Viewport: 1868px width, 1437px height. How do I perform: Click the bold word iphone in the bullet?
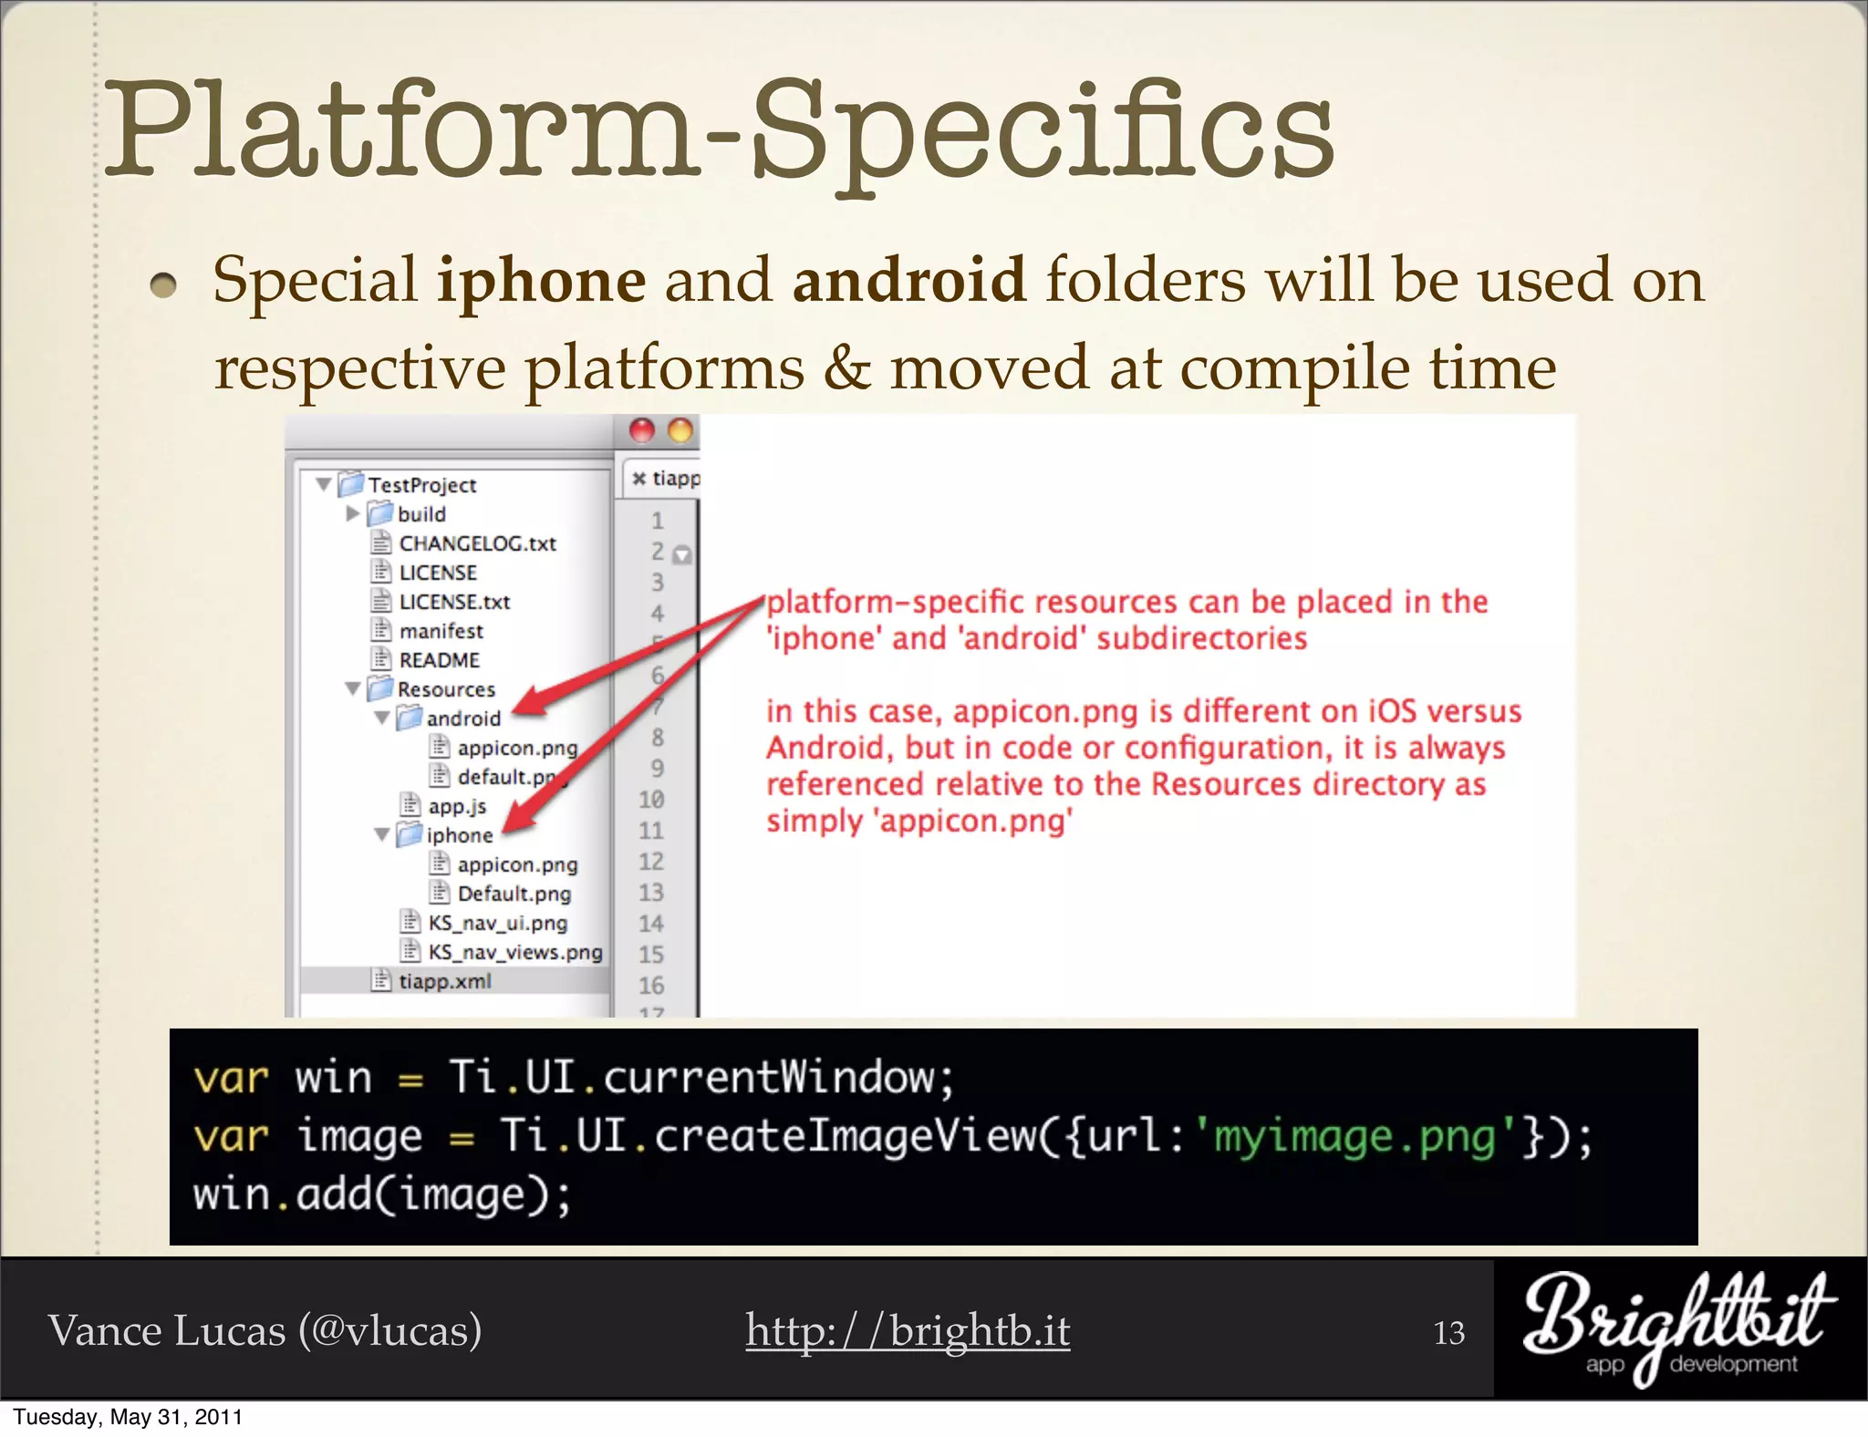tap(542, 281)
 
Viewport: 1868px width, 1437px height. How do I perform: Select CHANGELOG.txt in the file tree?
tap(477, 543)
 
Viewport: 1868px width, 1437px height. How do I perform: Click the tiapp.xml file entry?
tap(444, 981)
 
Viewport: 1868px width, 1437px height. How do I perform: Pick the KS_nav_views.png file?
tap(514, 952)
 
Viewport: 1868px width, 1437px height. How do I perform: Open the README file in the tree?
tap(439, 660)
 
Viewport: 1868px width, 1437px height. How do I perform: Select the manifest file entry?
tap(441, 631)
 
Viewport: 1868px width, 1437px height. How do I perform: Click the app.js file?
tap(456, 806)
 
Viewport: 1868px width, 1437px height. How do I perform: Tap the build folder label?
tap(421, 514)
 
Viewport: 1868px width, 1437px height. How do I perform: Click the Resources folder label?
tap(446, 689)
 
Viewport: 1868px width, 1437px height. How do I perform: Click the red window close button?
tap(642, 430)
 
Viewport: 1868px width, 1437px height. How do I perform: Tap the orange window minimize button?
tap(680, 430)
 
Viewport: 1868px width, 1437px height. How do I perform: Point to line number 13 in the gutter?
tap(650, 892)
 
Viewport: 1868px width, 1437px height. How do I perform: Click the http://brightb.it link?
tap(908, 1330)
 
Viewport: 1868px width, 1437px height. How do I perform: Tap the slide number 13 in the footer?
tap(1448, 1333)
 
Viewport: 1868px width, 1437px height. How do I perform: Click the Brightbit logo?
tap(1678, 1327)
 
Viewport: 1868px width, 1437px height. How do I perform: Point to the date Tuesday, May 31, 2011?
tap(128, 1417)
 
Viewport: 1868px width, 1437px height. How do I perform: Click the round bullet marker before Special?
tap(163, 286)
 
